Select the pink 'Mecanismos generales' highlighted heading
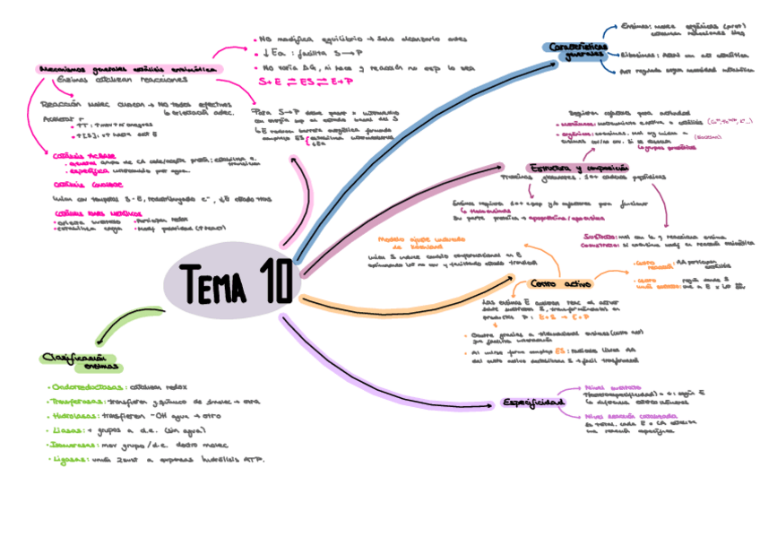[x=126, y=68]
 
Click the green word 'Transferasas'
[x=77, y=402]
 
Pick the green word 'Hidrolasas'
[x=73, y=416]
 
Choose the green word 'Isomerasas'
[x=74, y=445]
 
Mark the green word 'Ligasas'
[x=67, y=459]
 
